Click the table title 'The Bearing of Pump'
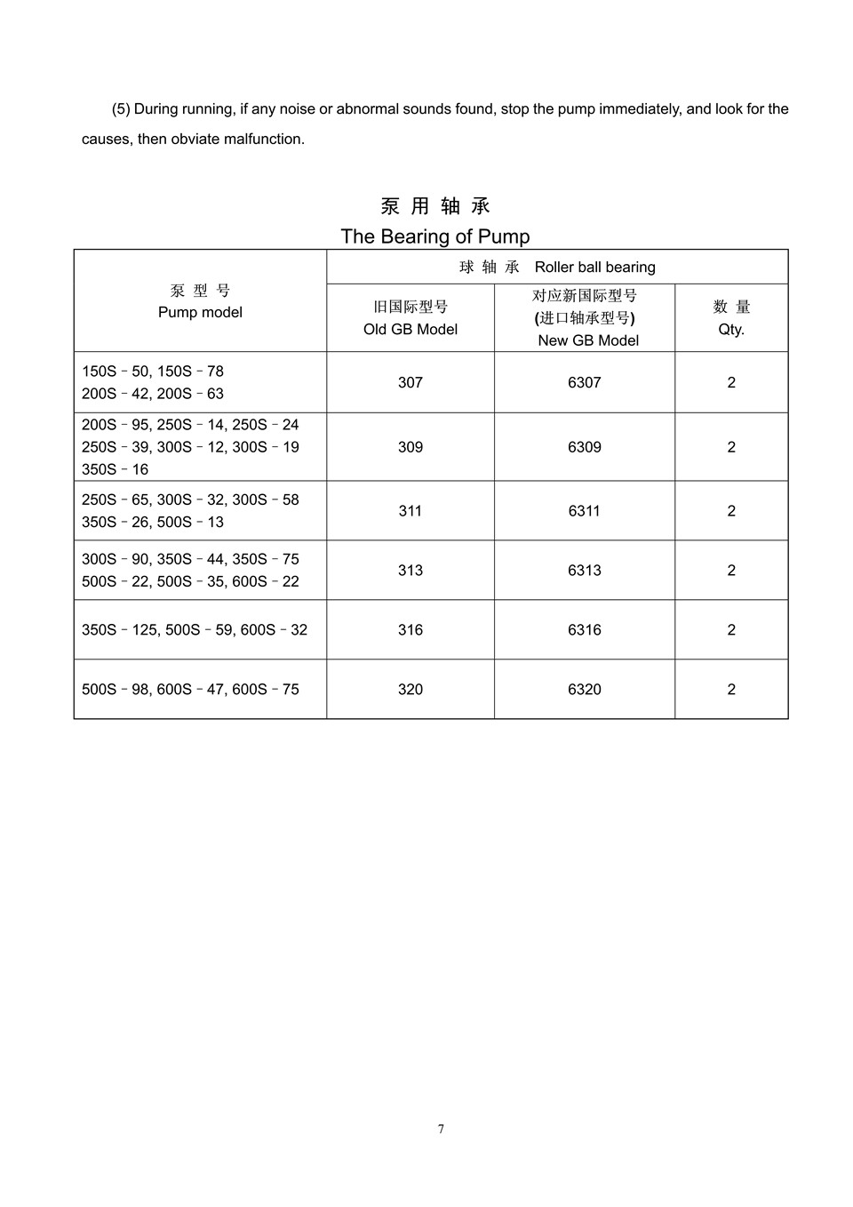click(434, 236)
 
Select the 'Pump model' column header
click(200, 312)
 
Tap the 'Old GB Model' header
click(411, 329)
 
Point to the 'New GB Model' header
click(588, 340)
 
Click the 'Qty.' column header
click(731, 329)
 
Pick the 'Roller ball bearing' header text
click(594, 267)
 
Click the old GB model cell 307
click(411, 382)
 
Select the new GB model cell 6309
click(585, 447)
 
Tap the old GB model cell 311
click(411, 511)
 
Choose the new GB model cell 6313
click(585, 571)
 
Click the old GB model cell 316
click(411, 630)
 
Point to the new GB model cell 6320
click(585, 690)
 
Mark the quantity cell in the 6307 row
click(731, 382)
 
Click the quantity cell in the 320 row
click(731, 690)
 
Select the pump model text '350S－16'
click(115, 469)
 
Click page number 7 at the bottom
click(441, 1129)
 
